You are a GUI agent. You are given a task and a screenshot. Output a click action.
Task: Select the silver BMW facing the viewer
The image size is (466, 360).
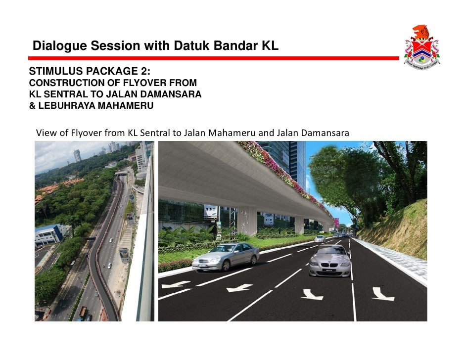tap(330, 261)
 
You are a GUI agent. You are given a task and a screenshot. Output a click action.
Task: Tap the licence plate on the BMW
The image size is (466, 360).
tap(329, 270)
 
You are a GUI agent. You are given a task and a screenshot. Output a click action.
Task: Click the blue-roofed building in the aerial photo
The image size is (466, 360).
tap(49, 234)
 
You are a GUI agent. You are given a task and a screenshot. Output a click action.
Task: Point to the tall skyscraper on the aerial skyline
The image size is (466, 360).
tap(77, 155)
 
